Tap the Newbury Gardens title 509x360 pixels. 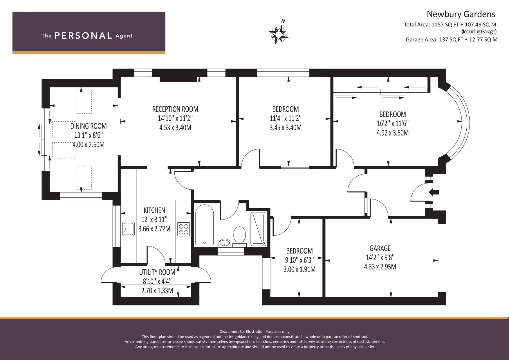pyautogui.click(x=461, y=14)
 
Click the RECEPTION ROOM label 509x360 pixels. pyautogui.click(x=175, y=109)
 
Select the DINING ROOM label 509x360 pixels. pyautogui.click(x=88, y=126)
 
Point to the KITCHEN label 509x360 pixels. pyautogui.click(x=154, y=210)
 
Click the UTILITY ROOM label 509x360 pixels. pyautogui.click(x=157, y=272)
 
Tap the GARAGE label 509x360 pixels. pyautogui.click(x=380, y=248)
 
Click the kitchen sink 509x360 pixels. pyautogui.click(x=128, y=229)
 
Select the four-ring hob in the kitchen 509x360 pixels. pyautogui.click(x=184, y=229)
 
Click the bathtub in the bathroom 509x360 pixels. pyautogui.click(x=204, y=225)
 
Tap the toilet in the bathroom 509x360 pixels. pyautogui.click(x=239, y=236)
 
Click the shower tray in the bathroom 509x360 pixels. pyautogui.click(x=258, y=229)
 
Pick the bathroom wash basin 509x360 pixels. pyautogui.click(x=225, y=243)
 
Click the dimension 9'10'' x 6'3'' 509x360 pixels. pyautogui.click(x=299, y=260)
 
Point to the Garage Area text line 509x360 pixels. pyautogui.click(x=451, y=39)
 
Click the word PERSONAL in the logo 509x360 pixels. pyautogui.click(x=83, y=36)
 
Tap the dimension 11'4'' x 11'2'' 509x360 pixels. pyautogui.click(x=285, y=118)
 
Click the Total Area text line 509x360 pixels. pyautogui.click(x=450, y=24)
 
